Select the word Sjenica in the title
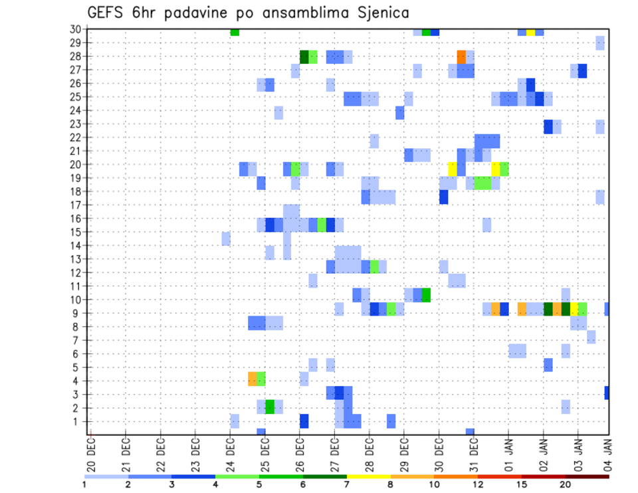(x=379, y=13)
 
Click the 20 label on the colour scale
(x=566, y=484)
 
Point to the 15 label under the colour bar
(x=522, y=484)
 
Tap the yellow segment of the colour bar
(x=368, y=476)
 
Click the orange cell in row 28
(x=461, y=56)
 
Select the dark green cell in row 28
(x=304, y=56)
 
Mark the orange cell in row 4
(x=253, y=379)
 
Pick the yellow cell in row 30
(x=530, y=32)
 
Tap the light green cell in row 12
(x=374, y=266)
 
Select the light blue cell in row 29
(x=600, y=43)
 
